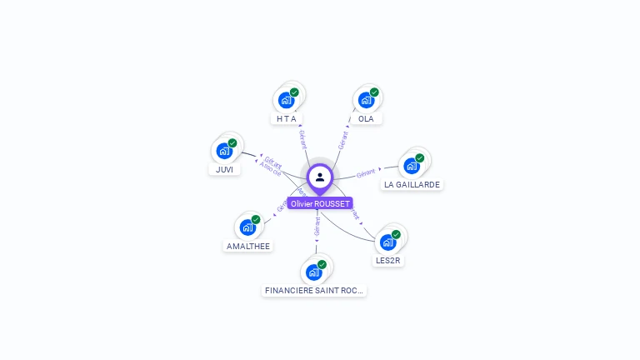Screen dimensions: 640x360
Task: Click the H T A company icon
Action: pyautogui.click(x=286, y=100)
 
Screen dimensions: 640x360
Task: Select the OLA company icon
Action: pyautogui.click(x=365, y=100)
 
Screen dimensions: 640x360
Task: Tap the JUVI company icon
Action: pyautogui.click(x=223, y=151)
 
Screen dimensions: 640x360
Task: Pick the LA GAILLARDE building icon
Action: pyautogui.click(x=411, y=165)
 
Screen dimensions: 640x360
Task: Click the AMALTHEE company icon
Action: pyautogui.click(x=247, y=227)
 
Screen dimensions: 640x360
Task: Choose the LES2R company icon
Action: pyautogui.click(x=387, y=242)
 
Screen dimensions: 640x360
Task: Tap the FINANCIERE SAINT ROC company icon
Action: pyautogui.click(x=313, y=272)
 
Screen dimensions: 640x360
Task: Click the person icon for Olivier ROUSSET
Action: pyautogui.click(x=320, y=177)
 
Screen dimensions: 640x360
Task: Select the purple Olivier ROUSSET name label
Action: pyautogui.click(x=320, y=203)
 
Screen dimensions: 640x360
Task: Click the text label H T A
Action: pyautogui.click(x=287, y=119)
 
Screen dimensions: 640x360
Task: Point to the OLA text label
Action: pyautogui.click(x=366, y=119)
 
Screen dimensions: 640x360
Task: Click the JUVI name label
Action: pyautogui.click(x=224, y=170)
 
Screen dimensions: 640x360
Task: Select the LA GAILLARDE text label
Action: pyautogui.click(x=412, y=184)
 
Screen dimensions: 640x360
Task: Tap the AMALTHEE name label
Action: pyautogui.click(x=248, y=246)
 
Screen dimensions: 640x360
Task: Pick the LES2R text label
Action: pyautogui.click(x=388, y=261)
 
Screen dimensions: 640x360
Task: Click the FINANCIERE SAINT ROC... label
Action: pyautogui.click(x=314, y=291)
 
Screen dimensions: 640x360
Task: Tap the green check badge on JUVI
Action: pyautogui.click(x=232, y=143)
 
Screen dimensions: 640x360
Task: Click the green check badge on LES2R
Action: pyautogui.click(x=396, y=234)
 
